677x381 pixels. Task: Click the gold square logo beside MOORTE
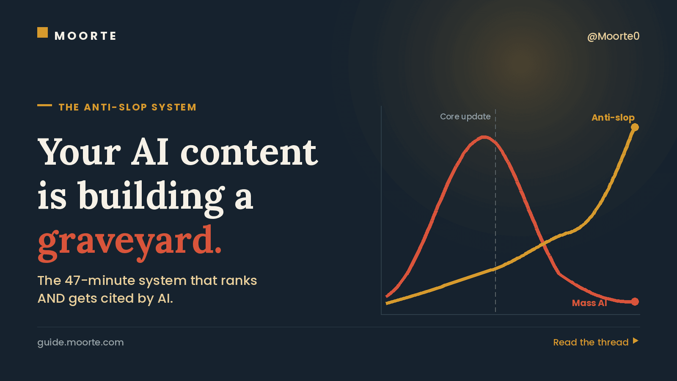click(42, 33)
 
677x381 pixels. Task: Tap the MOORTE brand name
click(85, 36)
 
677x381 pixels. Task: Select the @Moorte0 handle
click(613, 36)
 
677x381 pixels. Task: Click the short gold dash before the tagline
click(44, 105)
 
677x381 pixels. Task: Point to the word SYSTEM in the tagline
click(174, 108)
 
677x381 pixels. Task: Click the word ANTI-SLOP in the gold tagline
click(116, 108)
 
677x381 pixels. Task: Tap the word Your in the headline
click(79, 152)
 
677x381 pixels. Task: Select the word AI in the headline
click(150, 152)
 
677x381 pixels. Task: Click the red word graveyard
click(129, 243)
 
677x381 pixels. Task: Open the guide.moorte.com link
click(80, 342)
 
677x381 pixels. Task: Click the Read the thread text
click(591, 342)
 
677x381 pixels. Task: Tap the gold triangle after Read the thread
click(636, 341)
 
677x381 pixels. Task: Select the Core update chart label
click(465, 117)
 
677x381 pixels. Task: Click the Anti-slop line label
click(613, 118)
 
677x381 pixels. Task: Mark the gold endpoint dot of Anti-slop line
click(635, 127)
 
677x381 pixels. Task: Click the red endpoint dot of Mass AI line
click(635, 301)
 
